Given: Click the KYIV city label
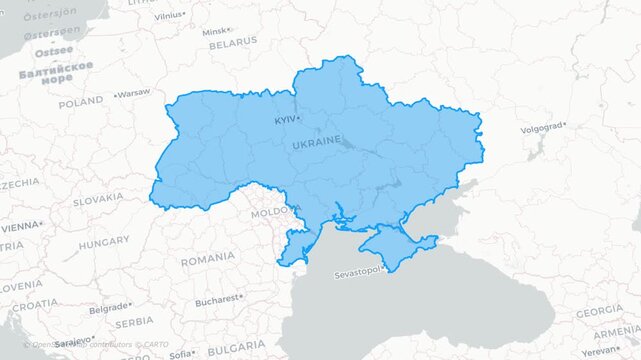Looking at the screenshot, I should coord(286,120).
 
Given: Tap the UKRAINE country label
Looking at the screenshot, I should coord(316,143).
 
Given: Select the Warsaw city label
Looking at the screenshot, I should coord(134,93).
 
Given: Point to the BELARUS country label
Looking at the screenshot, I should coord(232,44).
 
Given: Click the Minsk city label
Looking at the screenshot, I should coord(214,31).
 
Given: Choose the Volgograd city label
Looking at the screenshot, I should coord(541,128).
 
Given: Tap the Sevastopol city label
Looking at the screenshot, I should coord(357,272).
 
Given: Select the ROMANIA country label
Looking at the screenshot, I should coord(207,259).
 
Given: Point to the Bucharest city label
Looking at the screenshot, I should coord(217,299).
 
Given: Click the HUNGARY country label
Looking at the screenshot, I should coord(104,242).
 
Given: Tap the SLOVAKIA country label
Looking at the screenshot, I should coord(98,200).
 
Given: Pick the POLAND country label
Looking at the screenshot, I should coord(80,102).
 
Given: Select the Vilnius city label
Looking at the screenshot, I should coord(169,16).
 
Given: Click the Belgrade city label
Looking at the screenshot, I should coord(108,307).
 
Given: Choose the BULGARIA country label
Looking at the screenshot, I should coord(236,347).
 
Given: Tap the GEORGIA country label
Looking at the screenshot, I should coord(600,312).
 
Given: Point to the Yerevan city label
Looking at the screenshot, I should coord(600,351).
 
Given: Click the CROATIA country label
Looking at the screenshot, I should coord(34,304).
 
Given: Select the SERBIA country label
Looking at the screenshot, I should coord(134,323).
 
